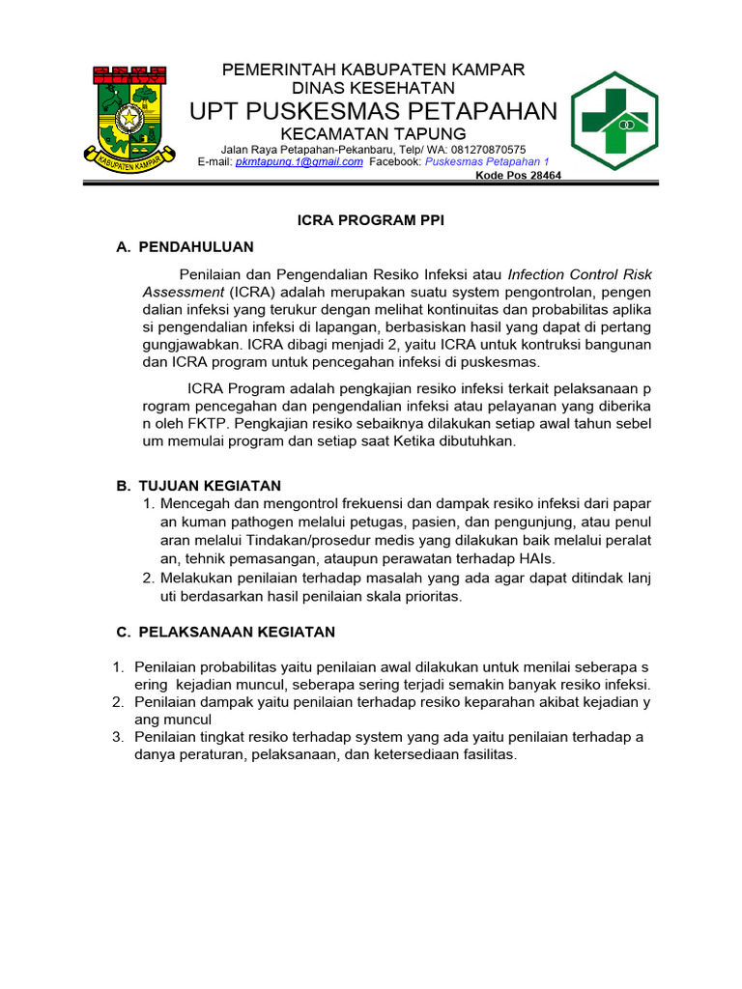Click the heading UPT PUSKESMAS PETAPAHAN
point(374,111)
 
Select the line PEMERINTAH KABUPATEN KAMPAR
point(374,70)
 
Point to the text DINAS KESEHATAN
point(374,89)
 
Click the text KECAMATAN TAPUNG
point(373,133)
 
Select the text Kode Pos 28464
point(519,176)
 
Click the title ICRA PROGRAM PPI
point(370,220)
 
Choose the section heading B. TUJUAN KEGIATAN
point(198,485)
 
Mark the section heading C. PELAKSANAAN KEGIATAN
point(225,632)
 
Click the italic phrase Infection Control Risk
point(580,274)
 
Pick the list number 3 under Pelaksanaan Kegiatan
point(117,737)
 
